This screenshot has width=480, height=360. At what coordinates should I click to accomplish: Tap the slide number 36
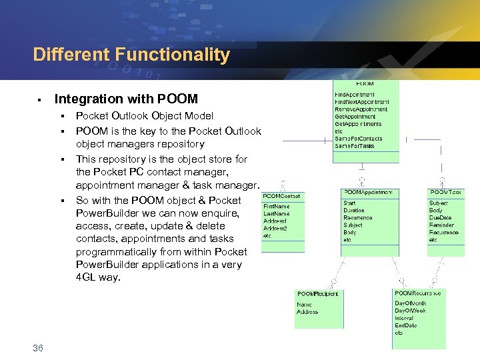(37, 347)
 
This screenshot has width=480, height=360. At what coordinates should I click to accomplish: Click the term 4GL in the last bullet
(86, 277)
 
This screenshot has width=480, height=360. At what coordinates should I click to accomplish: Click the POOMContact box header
(282, 196)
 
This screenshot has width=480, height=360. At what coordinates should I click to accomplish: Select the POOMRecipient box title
(317, 293)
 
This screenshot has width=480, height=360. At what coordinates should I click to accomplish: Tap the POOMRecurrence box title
(418, 293)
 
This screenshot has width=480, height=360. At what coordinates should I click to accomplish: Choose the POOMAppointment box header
(368, 193)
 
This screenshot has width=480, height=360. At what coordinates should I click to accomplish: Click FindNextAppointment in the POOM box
(362, 102)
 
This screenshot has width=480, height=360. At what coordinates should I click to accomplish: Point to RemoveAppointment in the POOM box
(361, 109)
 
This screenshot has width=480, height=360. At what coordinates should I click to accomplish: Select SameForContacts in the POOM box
(359, 139)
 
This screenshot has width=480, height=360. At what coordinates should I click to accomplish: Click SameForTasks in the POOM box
(355, 146)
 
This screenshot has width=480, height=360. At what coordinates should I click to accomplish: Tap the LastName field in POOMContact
(277, 214)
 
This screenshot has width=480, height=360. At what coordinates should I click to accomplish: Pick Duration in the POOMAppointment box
(354, 211)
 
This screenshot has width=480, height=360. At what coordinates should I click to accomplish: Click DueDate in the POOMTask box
(440, 218)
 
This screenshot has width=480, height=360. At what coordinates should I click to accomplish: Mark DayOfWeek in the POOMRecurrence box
(411, 311)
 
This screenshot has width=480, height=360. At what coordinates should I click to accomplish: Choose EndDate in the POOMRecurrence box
(406, 325)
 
